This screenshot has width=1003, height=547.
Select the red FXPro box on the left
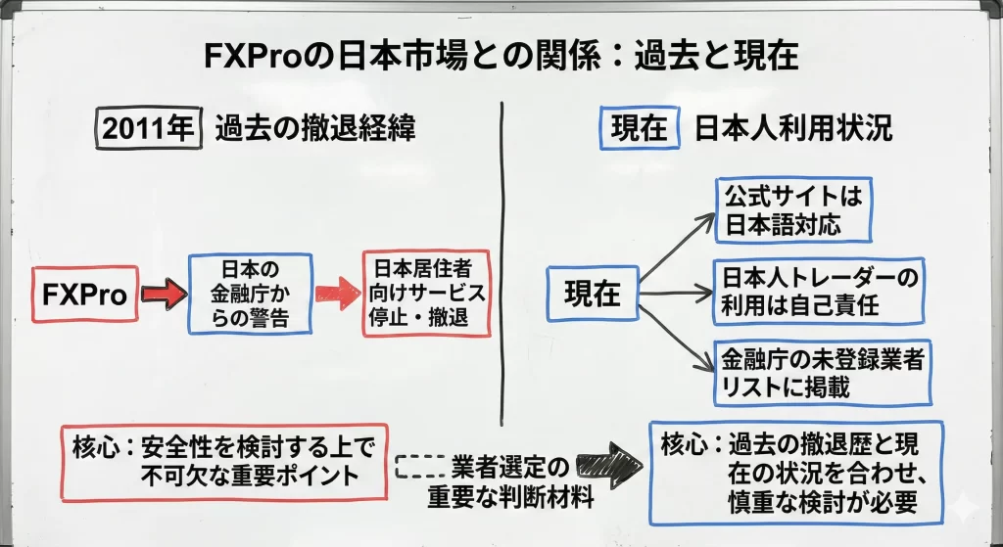[85, 294]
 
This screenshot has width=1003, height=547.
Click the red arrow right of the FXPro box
[162, 293]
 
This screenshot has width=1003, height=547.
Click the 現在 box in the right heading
[639, 129]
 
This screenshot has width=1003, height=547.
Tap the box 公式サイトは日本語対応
[793, 210]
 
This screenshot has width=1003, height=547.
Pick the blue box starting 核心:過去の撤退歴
[795, 472]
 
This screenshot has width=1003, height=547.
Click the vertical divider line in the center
[502, 245]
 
